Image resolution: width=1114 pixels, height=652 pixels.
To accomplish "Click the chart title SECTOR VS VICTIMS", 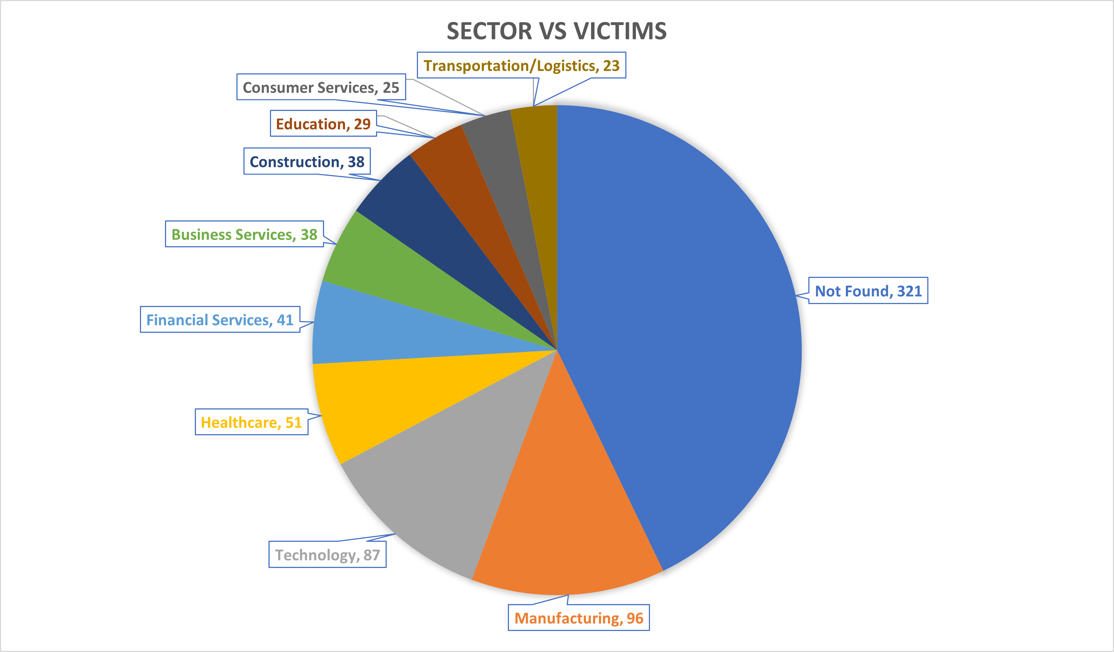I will [556, 31].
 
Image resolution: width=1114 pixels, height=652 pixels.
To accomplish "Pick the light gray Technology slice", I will [446, 469].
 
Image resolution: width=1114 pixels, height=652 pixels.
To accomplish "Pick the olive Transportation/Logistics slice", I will [537, 168].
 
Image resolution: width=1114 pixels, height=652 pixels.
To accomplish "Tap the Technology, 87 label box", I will [327, 554].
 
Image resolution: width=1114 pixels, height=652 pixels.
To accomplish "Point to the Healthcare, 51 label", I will [252, 422].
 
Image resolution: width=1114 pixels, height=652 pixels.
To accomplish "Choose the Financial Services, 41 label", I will [220, 319].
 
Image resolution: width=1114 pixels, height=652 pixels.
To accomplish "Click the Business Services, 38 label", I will [245, 234].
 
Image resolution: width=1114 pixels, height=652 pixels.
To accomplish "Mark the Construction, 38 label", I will [307, 161].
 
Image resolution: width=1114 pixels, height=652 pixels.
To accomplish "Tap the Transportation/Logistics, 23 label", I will [521, 66].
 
